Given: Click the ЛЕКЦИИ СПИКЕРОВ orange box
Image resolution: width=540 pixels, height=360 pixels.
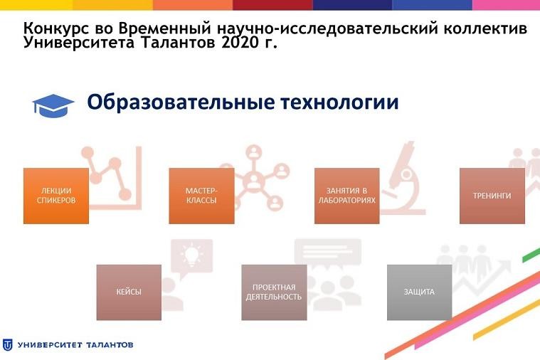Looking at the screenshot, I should point(56,196).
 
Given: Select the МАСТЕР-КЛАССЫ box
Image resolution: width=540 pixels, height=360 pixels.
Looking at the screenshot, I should point(201,196).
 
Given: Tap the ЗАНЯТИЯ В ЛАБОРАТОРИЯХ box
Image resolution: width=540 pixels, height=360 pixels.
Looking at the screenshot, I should point(346,196).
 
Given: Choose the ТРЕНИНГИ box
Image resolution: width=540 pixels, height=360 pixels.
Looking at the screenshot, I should point(492,196).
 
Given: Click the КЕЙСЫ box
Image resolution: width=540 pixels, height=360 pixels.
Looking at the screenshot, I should point(129,292).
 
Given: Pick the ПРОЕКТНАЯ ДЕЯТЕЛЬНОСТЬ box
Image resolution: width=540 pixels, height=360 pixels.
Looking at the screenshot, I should point(274,292).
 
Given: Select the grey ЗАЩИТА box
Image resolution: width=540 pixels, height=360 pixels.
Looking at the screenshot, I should point(419,292).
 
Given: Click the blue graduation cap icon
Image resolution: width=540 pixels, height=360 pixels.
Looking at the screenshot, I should point(53,105).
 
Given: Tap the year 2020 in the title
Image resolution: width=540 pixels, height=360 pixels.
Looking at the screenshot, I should point(239,43).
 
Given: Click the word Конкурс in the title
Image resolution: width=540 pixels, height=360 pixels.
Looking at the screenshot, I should point(54,29).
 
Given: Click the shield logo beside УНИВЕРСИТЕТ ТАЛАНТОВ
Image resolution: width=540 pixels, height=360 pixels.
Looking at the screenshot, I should point(7,345).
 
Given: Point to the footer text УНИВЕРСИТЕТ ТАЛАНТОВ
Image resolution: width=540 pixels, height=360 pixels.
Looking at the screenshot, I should point(75,345).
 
